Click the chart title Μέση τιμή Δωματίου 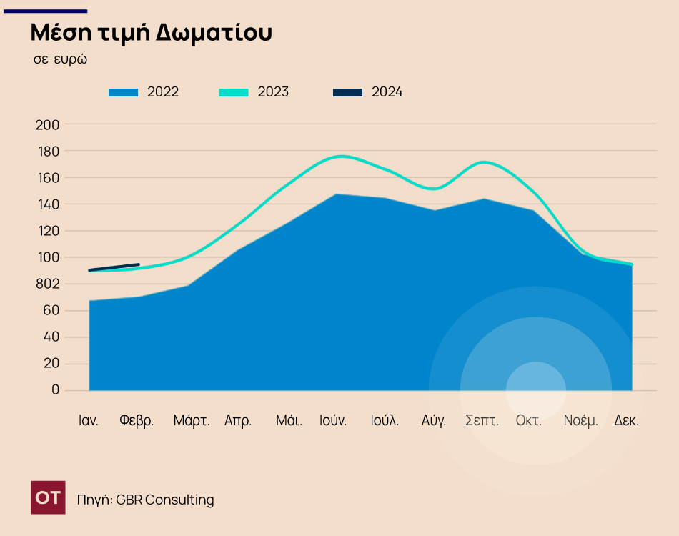tap(151, 33)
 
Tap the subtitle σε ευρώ tap(60, 59)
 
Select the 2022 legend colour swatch tap(123, 92)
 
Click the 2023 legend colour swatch tap(234, 92)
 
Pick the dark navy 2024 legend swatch tap(348, 92)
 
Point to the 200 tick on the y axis tap(47, 124)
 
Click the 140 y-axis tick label tap(47, 204)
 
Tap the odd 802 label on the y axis tap(47, 284)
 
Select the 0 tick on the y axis tap(55, 390)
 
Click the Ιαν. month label tap(89, 420)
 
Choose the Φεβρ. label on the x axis tap(137, 420)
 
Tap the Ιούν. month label tap(333, 420)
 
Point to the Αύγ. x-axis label tap(434, 420)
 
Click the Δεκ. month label tap(627, 420)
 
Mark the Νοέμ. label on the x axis tap(580, 420)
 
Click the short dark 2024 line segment tap(114, 267)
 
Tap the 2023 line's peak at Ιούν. tap(341, 156)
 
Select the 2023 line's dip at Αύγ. tap(434, 189)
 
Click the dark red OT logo tap(48, 497)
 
